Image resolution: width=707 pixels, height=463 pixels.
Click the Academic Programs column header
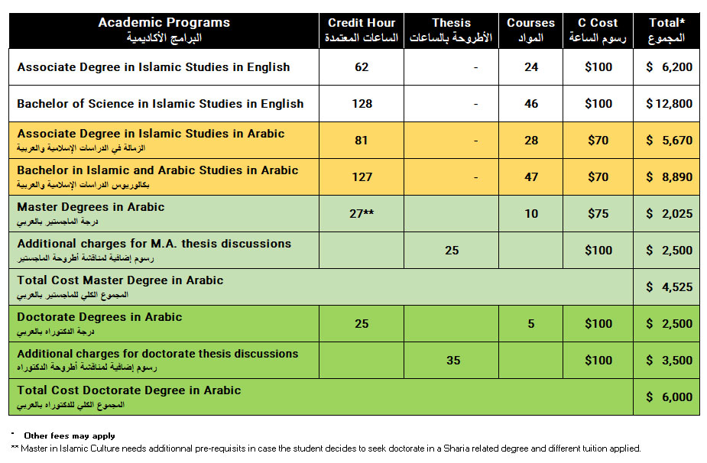tap(164, 30)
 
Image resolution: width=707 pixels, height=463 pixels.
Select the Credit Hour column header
tap(362, 30)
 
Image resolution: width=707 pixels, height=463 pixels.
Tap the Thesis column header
tap(452, 30)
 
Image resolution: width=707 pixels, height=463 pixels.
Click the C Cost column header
tap(598, 30)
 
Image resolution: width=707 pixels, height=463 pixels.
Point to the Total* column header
tap(666, 30)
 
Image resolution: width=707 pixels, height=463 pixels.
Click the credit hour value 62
tap(362, 67)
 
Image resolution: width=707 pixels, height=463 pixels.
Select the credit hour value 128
tap(362, 104)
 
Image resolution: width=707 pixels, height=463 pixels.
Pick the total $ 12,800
tap(669, 104)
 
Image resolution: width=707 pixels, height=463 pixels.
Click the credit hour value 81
tap(362, 141)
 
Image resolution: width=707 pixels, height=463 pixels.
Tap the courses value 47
tap(531, 177)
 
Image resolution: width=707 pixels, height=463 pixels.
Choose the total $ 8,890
tap(669, 177)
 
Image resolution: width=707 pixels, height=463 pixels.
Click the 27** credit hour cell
tap(362, 214)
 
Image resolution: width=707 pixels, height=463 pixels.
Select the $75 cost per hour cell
tap(598, 214)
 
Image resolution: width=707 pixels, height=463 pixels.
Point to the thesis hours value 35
tap(453, 361)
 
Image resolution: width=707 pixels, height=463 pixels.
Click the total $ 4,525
tap(669, 287)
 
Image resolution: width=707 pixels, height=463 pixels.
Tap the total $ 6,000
tap(669, 397)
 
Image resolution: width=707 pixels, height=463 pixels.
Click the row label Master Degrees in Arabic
tap(91, 207)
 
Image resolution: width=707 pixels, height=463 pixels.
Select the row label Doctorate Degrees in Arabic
tap(99, 317)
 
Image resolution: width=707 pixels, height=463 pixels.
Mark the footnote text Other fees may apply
tap(69, 435)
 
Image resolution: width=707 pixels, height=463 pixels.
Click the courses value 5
tap(531, 324)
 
